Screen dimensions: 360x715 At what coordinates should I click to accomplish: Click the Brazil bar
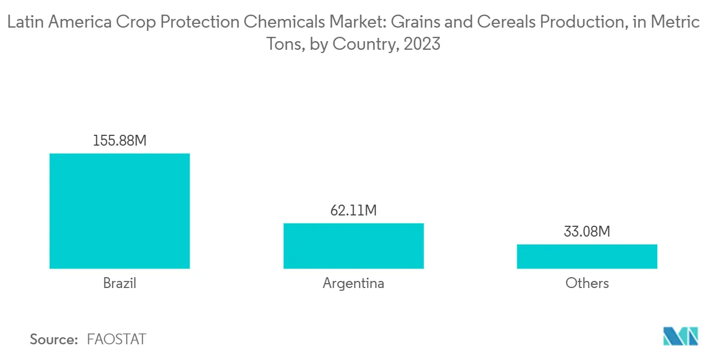click(x=119, y=211)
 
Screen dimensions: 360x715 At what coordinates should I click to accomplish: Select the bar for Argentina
click(x=353, y=246)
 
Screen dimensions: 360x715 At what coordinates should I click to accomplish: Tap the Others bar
click(x=587, y=256)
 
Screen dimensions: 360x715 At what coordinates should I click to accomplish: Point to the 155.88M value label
click(x=120, y=141)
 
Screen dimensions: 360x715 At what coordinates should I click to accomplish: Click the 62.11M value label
click(x=353, y=210)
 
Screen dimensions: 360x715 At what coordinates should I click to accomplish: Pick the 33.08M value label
click(x=587, y=232)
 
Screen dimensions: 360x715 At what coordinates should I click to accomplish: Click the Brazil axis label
click(x=119, y=283)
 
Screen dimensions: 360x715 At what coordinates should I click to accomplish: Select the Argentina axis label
click(x=353, y=283)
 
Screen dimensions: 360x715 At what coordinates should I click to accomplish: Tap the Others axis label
click(x=587, y=283)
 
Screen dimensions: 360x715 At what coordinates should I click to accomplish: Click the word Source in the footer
click(x=54, y=339)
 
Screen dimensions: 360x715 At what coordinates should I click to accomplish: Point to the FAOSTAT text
click(x=116, y=339)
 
